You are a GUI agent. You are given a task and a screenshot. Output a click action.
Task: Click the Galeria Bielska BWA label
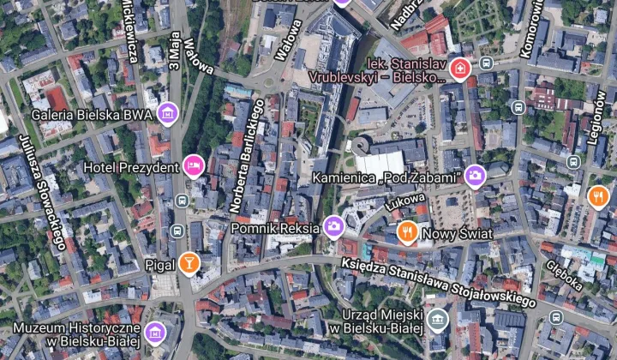click(x=92, y=114)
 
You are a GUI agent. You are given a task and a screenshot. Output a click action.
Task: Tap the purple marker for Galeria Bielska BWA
click(x=168, y=113)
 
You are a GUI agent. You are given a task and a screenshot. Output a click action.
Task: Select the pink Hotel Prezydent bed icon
click(x=194, y=165)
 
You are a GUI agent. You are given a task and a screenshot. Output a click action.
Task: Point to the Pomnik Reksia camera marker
click(x=333, y=227)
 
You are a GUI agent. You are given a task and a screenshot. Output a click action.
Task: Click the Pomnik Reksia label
click(x=275, y=229)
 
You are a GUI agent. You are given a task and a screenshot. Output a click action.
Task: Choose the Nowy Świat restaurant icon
click(x=408, y=231)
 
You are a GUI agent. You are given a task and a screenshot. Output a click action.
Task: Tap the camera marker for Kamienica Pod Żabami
click(x=475, y=177)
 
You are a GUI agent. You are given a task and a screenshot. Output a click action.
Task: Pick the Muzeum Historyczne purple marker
click(x=154, y=333)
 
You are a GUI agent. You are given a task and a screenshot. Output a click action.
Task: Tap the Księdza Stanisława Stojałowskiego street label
click(x=438, y=284)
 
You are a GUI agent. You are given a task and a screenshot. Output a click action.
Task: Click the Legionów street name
click(x=601, y=121)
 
